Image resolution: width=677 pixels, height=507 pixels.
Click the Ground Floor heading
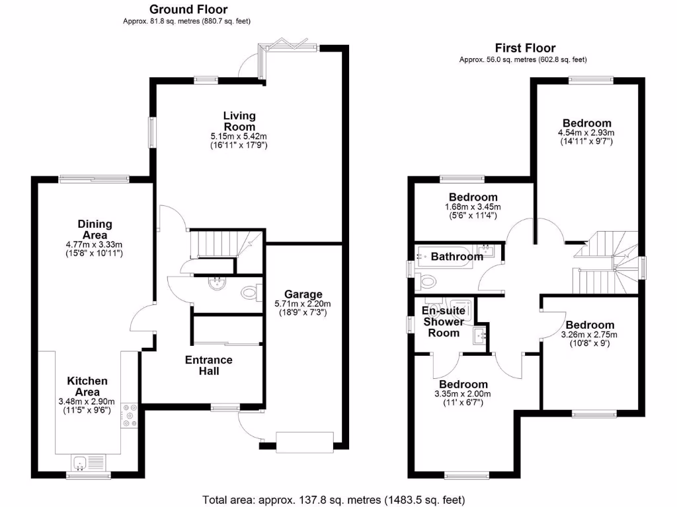pyautogui.click(x=188, y=9)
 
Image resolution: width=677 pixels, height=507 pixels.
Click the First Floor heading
pyautogui.click(x=525, y=48)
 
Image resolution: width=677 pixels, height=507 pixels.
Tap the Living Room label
pyautogui.click(x=239, y=121)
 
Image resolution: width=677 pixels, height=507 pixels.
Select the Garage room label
pyautogui.click(x=303, y=294)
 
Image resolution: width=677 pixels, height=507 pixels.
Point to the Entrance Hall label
pyautogui.click(x=208, y=365)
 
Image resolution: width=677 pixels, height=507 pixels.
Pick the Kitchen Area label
pyautogui.click(x=87, y=386)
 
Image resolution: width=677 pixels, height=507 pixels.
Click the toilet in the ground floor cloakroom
pyautogui.click(x=249, y=292)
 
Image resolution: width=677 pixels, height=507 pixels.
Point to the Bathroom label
pyautogui.click(x=457, y=257)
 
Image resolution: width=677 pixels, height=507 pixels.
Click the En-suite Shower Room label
pyautogui.click(x=443, y=321)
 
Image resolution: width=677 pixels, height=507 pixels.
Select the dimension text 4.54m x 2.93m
pyautogui.click(x=586, y=132)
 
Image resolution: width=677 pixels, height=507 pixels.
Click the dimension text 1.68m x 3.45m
pyautogui.click(x=473, y=207)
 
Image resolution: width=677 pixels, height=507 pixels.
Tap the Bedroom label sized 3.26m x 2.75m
pyautogui.click(x=590, y=325)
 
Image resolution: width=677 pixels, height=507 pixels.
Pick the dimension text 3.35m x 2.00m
pyautogui.click(x=463, y=394)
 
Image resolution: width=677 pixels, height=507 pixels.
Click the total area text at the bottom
pyautogui.click(x=338, y=499)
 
